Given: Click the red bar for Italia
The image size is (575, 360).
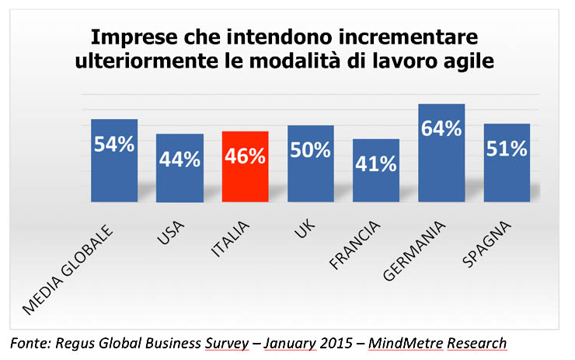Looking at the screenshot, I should click(x=246, y=166).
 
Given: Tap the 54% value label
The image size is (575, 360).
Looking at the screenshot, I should click(x=114, y=145).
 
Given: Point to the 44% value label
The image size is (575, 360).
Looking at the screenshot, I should click(x=179, y=159).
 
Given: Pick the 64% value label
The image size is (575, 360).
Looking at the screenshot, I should click(x=441, y=128).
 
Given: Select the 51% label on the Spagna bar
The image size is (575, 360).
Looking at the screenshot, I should click(x=507, y=149).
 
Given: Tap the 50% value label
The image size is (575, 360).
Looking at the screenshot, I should click(x=311, y=149).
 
